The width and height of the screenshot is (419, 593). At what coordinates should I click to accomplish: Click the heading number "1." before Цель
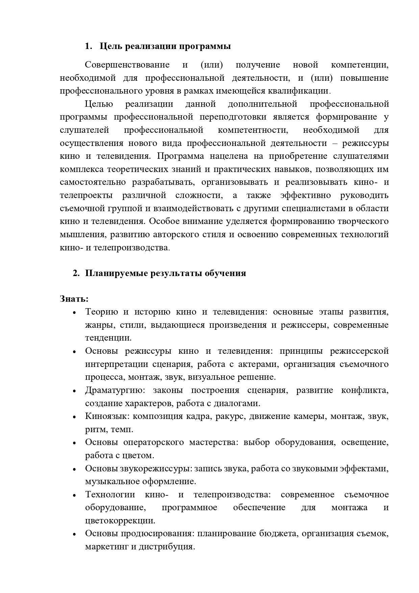pyautogui.click(x=89, y=47)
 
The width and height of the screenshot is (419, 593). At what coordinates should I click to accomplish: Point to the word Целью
pyautogui.click(x=99, y=104)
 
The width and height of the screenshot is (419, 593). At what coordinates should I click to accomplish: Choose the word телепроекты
pyautogui.click(x=88, y=196)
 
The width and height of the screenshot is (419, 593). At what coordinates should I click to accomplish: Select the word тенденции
pyautogui.click(x=108, y=338)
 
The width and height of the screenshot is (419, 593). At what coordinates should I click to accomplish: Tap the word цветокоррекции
pyautogui.click(x=120, y=521)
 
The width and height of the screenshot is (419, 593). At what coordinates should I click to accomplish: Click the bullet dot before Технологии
pyautogui.click(x=75, y=495)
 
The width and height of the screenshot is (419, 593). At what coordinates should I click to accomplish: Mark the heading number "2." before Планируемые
pyautogui.click(x=76, y=273)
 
